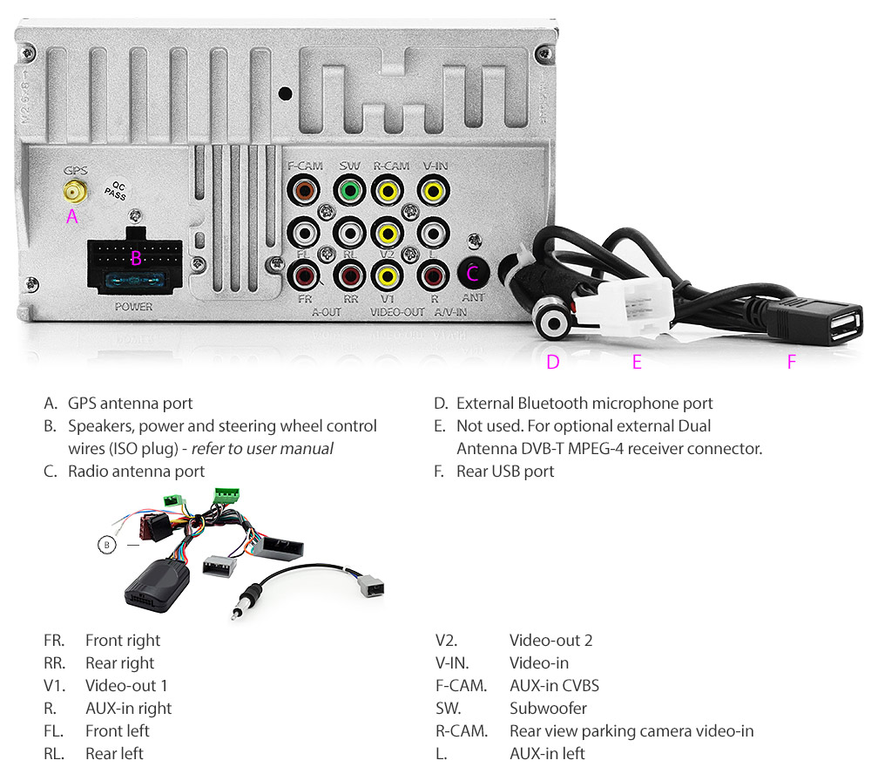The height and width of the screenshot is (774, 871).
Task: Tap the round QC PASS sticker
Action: tap(114, 191)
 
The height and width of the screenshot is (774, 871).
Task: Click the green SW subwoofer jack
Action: tap(349, 189)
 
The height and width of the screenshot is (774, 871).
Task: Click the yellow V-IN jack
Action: tap(431, 189)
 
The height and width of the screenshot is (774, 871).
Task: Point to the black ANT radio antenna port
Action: tap(473, 273)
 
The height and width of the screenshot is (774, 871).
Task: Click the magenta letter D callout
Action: tap(552, 362)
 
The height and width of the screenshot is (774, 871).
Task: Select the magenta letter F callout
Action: tap(791, 362)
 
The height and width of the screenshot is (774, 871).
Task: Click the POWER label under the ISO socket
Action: tap(133, 307)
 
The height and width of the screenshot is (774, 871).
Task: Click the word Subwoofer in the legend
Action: tap(548, 708)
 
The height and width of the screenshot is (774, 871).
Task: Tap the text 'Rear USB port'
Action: tap(504, 472)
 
